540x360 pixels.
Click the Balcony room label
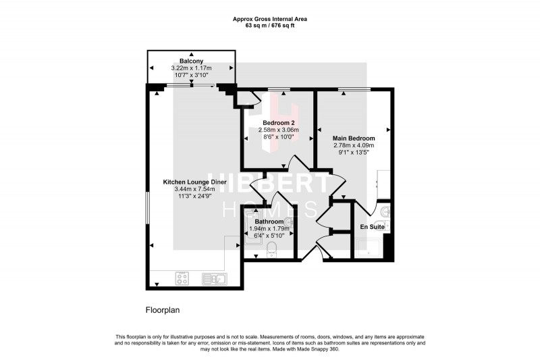pyautogui.click(x=192, y=61)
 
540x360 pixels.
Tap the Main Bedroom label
pyautogui.click(x=353, y=137)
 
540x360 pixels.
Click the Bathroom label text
pyautogui.click(x=269, y=221)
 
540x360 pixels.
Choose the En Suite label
pyautogui.click(x=372, y=227)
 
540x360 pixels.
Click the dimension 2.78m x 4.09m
pyautogui.click(x=353, y=145)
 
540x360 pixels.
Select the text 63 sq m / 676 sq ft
pyautogui.click(x=270, y=25)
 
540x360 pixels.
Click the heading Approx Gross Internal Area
pyautogui.click(x=270, y=19)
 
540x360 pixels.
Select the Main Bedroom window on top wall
pyautogui.click(x=354, y=89)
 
